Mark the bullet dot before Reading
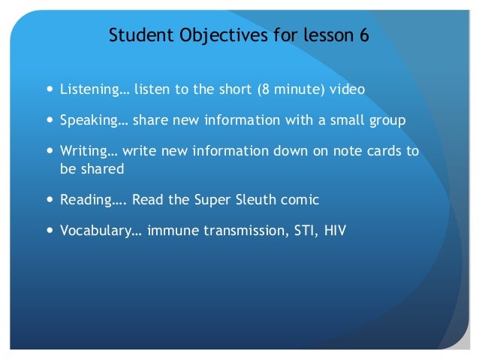[x=50, y=200]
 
